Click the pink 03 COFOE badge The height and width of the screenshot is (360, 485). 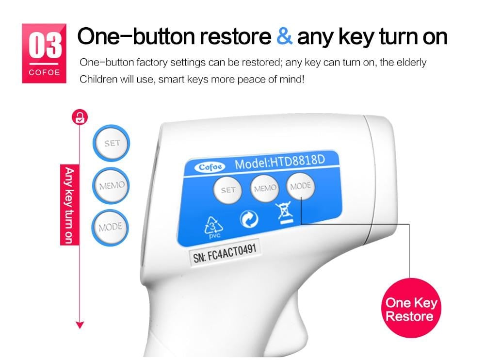(x=44, y=53)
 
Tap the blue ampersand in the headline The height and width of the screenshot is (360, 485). (x=284, y=36)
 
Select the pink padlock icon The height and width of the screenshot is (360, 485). (x=80, y=117)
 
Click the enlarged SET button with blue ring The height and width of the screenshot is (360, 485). (x=112, y=143)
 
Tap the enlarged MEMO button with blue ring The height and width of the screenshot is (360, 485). (x=111, y=185)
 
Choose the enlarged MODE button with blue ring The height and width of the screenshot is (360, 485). (x=110, y=228)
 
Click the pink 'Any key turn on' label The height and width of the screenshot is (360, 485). (x=69, y=205)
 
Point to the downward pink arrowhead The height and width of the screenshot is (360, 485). (x=80, y=325)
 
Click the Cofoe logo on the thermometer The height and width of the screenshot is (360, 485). (x=210, y=167)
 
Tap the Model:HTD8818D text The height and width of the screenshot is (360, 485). (x=280, y=161)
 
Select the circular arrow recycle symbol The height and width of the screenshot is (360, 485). (x=249, y=218)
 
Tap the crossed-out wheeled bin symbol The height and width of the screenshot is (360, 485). (x=284, y=213)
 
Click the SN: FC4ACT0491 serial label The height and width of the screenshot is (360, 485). (x=225, y=253)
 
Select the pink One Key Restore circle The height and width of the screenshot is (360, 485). (x=411, y=308)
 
